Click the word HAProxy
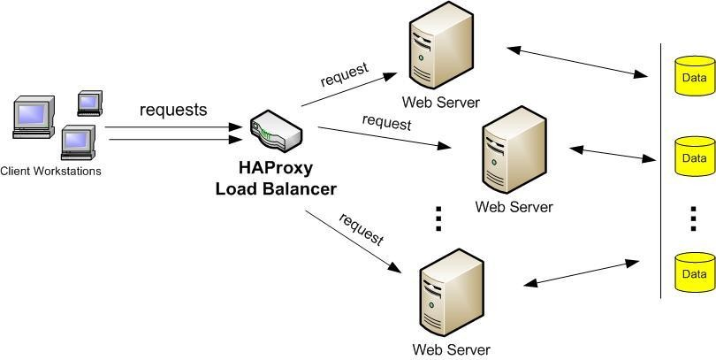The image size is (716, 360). [276, 168]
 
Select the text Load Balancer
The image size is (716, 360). [276, 188]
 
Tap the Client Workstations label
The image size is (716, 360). [50, 171]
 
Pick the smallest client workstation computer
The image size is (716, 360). [89, 103]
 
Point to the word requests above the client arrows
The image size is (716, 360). [173, 110]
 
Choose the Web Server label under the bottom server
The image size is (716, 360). [451, 349]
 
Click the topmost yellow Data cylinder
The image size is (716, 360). [694, 77]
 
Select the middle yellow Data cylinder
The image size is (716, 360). [694, 157]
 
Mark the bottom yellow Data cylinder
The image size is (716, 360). [694, 272]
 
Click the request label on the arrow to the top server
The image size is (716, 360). [344, 76]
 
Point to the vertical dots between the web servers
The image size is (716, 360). [438, 218]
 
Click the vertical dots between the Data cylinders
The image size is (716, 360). [693, 218]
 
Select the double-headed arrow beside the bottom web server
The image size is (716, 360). [581, 273]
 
